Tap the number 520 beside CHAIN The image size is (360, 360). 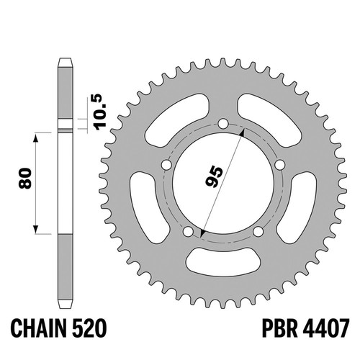pyautogui.click(x=90, y=328)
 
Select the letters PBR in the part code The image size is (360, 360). pyautogui.click(x=279, y=328)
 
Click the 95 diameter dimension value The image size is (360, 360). pyautogui.click(x=215, y=176)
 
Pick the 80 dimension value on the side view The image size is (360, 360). pyautogui.click(x=25, y=178)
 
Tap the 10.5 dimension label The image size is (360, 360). pyautogui.click(x=100, y=112)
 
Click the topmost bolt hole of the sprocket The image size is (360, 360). pyautogui.click(x=223, y=124)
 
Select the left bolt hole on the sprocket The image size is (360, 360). pyautogui.click(x=167, y=165)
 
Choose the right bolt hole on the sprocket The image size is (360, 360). pyautogui.click(x=279, y=165)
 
